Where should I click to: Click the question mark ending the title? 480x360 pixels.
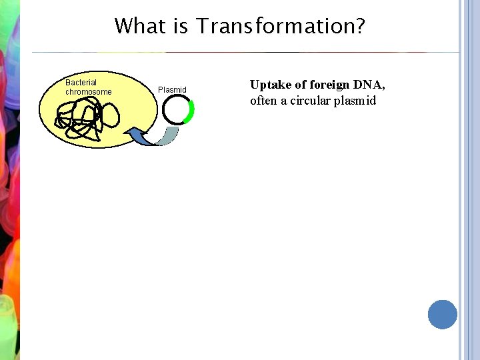[359, 27]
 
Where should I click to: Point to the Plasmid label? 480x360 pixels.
[172, 89]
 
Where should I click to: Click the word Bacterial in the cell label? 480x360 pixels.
[81, 83]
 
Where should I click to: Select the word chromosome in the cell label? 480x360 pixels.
[88, 92]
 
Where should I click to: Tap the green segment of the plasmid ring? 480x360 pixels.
[191, 111]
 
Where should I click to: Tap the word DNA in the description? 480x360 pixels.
[369, 85]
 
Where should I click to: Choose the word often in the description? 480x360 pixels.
[263, 101]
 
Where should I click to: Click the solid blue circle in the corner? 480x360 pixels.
[443, 314]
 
